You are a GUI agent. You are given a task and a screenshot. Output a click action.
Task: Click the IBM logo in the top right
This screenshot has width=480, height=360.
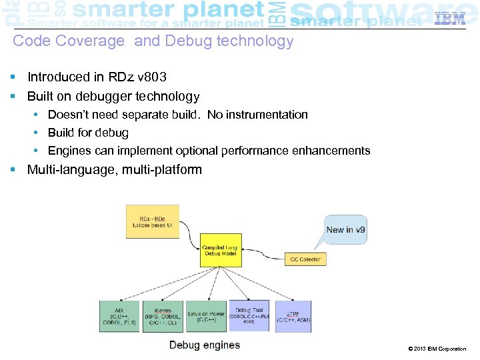click(x=450, y=19)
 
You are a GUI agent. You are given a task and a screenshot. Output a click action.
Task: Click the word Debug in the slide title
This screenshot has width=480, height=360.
click(x=185, y=41)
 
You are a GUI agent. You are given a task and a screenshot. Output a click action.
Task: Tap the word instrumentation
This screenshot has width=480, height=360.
click(x=271, y=115)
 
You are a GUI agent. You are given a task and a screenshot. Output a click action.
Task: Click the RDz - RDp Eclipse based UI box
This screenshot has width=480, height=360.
click(x=153, y=221)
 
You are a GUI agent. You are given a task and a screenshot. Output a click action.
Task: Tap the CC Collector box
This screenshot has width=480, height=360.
click(x=305, y=259)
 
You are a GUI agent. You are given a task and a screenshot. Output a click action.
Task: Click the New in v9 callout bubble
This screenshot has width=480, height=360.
click(x=345, y=230)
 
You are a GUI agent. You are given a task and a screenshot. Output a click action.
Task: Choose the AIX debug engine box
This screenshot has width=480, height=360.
click(x=120, y=317)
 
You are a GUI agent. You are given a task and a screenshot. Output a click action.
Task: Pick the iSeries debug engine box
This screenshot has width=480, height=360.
click(x=162, y=317)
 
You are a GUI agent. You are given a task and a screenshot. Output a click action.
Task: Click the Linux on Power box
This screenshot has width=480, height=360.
click(x=206, y=317)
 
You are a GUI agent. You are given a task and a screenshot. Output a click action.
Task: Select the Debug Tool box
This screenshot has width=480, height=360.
click(x=249, y=315)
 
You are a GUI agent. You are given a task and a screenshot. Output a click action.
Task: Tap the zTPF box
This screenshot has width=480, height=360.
click(x=293, y=317)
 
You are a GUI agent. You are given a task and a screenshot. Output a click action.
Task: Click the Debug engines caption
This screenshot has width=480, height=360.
click(x=204, y=345)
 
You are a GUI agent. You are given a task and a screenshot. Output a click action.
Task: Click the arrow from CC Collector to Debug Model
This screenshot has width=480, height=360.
click(x=263, y=255)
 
